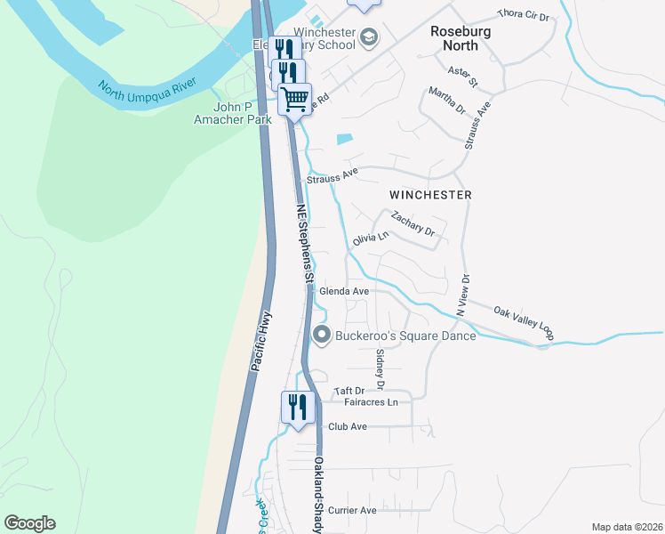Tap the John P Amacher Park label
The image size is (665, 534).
click(x=233, y=112)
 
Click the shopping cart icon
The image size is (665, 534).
click(x=294, y=97)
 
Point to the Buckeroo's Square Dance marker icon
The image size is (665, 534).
click(x=321, y=335)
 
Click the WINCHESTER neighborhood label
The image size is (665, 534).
click(x=430, y=194)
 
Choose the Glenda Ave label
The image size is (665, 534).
click(x=343, y=291)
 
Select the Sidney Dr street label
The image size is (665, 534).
click(x=380, y=368)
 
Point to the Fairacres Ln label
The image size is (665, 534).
click(x=370, y=402)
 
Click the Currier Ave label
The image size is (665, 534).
click(x=352, y=510)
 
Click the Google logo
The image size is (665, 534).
click(x=29, y=523)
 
